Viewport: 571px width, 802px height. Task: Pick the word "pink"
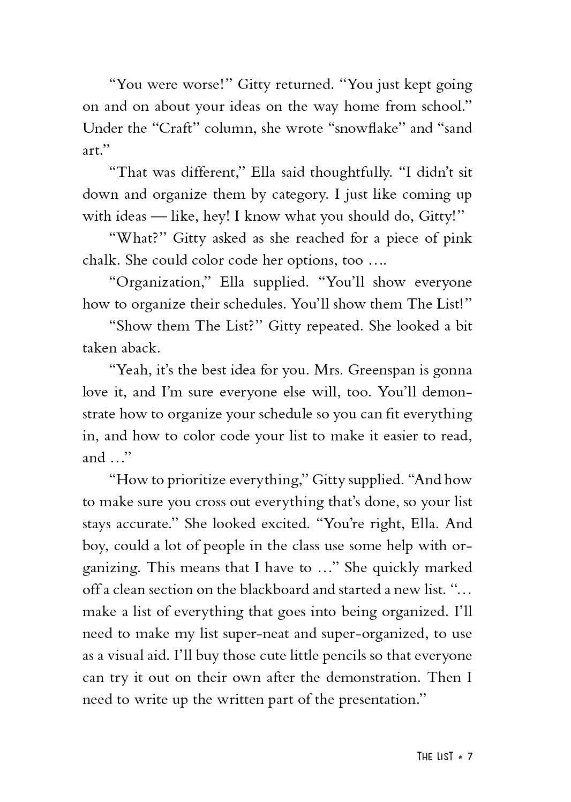[x=457, y=238]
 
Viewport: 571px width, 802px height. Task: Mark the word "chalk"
[x=101, y=260]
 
